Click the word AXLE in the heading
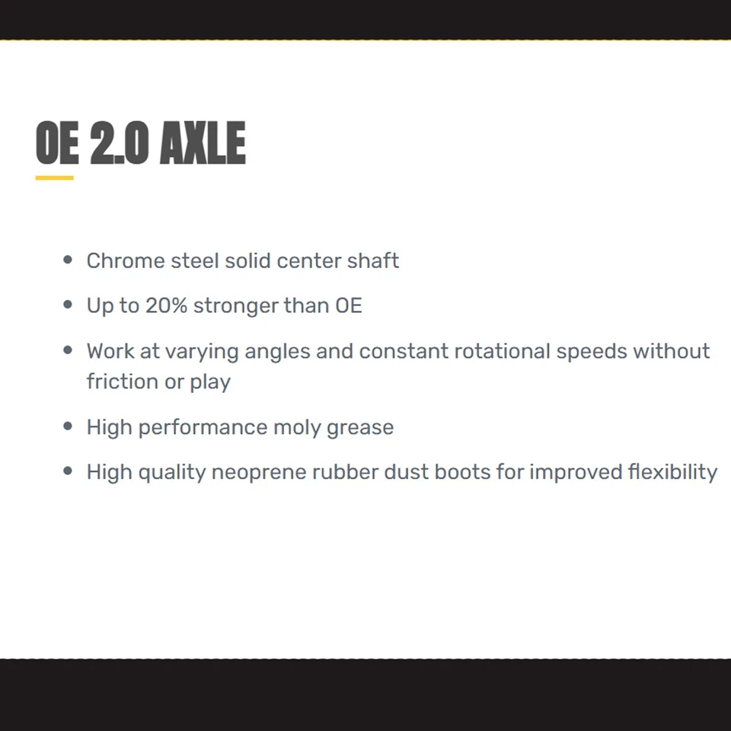click(x=203, y=142)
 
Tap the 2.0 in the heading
click(x=120, y=142)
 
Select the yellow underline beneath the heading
click(x=55, y=177)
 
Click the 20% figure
click(x=167, y=306)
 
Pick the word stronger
click(x=236, y=307)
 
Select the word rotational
click(x=503, y=351)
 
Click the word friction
click(x=123, y=381)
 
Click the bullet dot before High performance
click(x=68, y=426)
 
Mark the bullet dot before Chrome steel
click(x=68, y=260)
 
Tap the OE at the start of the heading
click(x=57, y=142)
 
